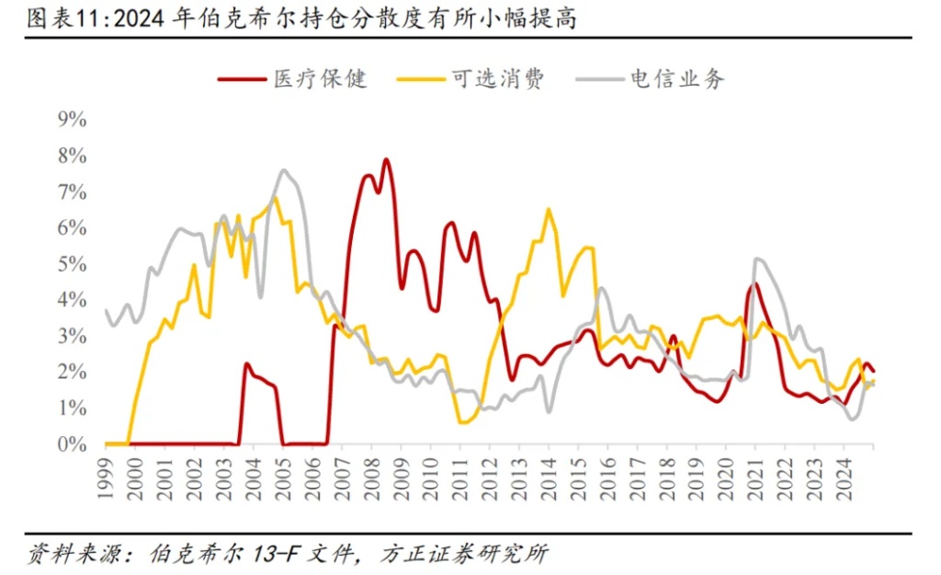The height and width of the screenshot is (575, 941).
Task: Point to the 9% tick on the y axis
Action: tap(71, 119)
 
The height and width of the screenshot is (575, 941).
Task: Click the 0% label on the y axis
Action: tap(71, 444)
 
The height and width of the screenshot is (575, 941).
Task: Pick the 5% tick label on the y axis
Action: tap(71, 264)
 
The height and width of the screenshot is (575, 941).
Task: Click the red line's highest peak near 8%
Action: tap(386, 160)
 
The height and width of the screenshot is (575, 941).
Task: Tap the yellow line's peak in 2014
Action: tap(549, 210)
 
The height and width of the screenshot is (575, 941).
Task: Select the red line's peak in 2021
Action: tap(754, 283)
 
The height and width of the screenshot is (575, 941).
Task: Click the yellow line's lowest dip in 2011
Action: tap(460, 422)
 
